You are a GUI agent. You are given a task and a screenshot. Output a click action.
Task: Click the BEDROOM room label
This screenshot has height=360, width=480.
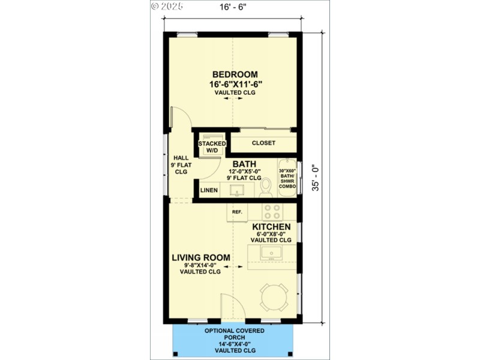[x=233, y=74]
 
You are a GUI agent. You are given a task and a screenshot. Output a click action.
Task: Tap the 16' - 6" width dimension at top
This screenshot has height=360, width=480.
[x=233, y=7]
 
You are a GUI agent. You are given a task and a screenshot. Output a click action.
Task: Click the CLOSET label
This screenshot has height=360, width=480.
[x=263, y=143]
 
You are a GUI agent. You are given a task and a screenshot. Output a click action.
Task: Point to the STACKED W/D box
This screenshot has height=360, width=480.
[x=212, y=146]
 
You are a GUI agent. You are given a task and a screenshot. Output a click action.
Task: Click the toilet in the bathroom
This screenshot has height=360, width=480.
[x=266, y=188]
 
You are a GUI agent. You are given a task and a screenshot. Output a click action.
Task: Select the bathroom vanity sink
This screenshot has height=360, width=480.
[x=236, y=190]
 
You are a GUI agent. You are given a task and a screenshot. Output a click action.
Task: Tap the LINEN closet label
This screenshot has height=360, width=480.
[x=209, y=191]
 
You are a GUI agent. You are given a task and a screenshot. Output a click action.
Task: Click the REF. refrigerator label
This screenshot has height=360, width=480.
[x=237, y=212]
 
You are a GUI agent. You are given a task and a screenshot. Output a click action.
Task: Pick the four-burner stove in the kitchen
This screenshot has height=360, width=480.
[x=272, y=212]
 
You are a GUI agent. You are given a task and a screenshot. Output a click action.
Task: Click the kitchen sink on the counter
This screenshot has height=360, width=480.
[x=271, y=253]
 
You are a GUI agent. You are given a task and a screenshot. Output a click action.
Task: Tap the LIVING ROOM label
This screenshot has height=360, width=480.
[x=200, y=257]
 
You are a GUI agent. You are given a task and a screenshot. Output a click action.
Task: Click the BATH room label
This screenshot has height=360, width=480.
[x=245, y=163]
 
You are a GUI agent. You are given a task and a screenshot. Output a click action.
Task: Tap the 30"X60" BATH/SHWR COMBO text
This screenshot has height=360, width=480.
[x=287, y=179]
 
